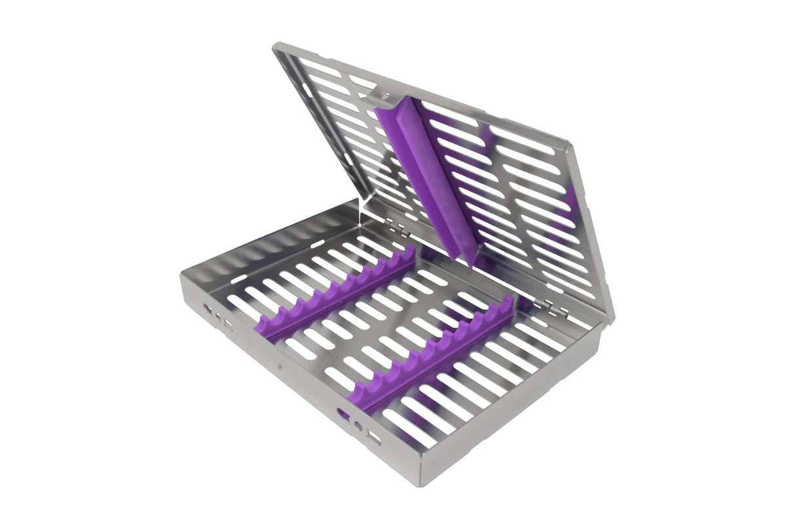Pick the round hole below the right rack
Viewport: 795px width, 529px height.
358,426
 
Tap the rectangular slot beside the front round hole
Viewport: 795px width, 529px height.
373,437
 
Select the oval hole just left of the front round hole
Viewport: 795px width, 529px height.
342,413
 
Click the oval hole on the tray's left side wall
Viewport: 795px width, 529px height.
208,307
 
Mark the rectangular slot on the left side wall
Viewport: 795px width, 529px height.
228,324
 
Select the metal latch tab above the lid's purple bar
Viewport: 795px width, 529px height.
382,98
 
